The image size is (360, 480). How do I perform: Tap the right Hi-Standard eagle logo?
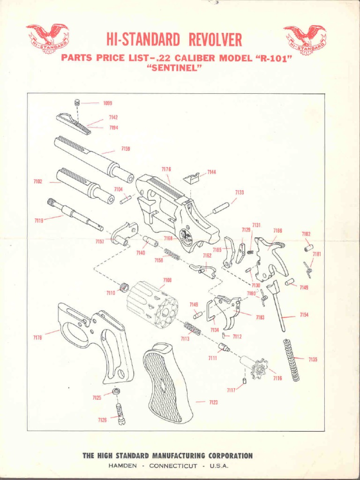305,39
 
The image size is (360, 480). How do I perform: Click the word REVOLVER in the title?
216,40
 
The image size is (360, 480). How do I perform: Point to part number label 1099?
107,102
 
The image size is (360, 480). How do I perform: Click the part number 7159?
125,149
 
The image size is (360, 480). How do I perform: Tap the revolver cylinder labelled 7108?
152,304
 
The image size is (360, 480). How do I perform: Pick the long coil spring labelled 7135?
291,360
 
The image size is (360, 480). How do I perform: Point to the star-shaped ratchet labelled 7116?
259,368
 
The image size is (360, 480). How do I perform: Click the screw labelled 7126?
120,412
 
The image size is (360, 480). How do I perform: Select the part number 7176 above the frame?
166,169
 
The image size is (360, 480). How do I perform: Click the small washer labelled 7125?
116,391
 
